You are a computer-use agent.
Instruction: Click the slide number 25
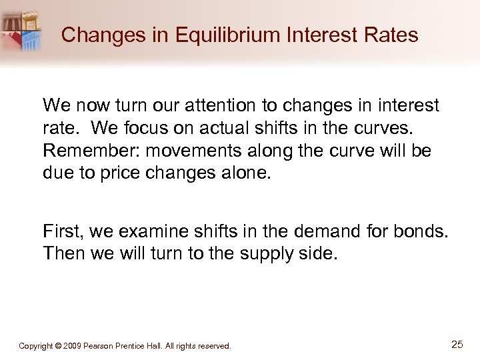coord(457,344)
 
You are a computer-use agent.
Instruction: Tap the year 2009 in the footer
coord(75,346)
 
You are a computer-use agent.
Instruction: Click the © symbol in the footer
coord(59,346)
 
